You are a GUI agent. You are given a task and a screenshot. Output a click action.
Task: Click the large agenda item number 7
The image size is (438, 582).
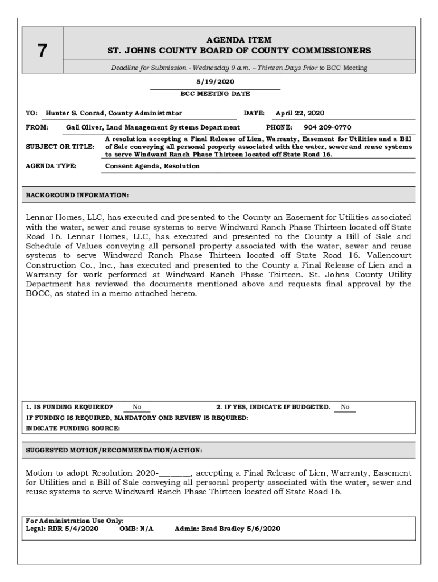click(x=42, y=51)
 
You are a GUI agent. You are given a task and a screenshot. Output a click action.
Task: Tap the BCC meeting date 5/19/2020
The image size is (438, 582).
click(x=215, y=82)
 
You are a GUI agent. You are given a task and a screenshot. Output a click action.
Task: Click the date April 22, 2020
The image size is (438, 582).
click(x=300, y=113)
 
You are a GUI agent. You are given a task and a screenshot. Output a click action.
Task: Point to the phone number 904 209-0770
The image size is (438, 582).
click(x=327, y=127)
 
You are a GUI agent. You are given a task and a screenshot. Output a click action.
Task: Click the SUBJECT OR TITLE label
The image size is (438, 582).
click(x=60, y=147)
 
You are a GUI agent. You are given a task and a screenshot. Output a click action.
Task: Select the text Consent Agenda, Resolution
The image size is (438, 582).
click(x=152, y=166)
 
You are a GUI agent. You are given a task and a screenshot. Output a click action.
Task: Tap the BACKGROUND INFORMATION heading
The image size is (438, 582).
click(x=77, y=195)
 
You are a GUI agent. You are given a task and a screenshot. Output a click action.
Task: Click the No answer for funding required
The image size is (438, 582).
click(x=137, y=407)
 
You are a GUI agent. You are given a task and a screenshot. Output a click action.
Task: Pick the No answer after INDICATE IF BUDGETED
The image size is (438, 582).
click(x=345, y=407)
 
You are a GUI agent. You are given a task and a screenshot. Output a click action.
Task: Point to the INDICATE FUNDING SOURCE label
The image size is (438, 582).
click(x=73, y=429)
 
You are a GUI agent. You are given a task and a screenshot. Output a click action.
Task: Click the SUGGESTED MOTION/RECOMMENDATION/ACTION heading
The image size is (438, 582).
click(x=114, y=450)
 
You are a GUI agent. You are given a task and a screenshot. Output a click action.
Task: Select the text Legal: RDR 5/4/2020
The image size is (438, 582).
click(x=63, y=529)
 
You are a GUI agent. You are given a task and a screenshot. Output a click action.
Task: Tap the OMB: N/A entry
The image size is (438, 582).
click(x=137, y=529)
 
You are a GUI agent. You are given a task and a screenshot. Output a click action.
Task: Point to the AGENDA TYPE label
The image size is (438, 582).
click(x=51, y=166)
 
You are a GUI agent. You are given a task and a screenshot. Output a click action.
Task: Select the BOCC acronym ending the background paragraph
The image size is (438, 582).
click(x=38, y=293)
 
